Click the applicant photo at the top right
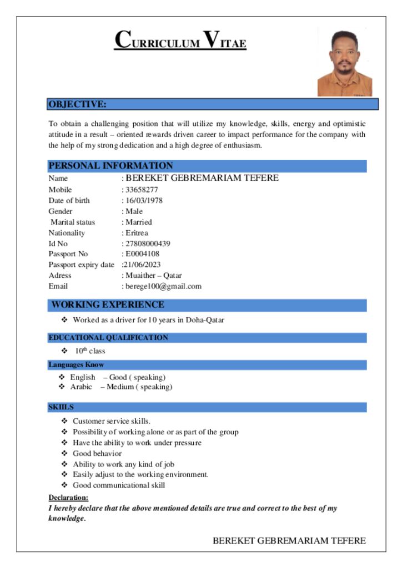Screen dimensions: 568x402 click(x=344, y=63)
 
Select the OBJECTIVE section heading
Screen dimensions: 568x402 click(x=77, y=104)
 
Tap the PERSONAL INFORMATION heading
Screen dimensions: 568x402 click(x=110, y=165)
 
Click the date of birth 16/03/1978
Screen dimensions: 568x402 click(x=144, y=200)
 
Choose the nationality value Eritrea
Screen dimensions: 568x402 click(x=137, y=233)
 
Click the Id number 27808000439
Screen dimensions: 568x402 click(x=148, y=244)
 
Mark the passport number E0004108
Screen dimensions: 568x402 click(x=143, y=254)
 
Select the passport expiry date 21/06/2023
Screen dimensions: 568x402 click(x=142, y=265)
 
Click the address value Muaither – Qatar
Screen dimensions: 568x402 click(x=153, y=275)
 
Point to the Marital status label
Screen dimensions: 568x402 click(x=73, y=222)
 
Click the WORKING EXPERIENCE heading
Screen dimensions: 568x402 click(x=108, y=305)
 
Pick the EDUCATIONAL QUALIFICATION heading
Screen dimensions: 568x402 click(x=108, y=337)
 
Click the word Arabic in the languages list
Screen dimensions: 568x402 click(x=81, y=387)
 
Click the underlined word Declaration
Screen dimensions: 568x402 click(x=68, y=498)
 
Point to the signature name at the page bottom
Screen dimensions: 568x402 click(x=289, y=541)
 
